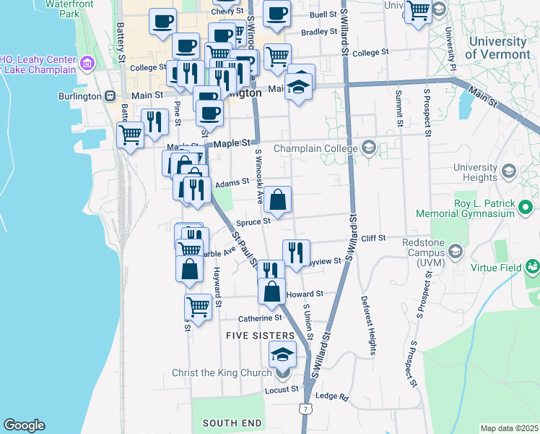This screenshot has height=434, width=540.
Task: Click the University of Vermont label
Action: click(x=497, y=47)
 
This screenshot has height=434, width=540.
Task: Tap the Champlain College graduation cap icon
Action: click(x=369, y=148)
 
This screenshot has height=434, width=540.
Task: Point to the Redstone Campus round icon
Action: click(x=456, y=251)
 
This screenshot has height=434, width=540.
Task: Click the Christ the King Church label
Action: click(x=222, y=373)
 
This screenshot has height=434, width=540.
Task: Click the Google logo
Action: click(x=24, y=425)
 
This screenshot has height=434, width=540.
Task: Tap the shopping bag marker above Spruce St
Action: click(x=277, y=200)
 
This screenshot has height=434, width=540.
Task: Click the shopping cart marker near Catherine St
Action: click(x=198, y=307)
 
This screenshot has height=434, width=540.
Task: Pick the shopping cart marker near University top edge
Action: click(x=418, y=12)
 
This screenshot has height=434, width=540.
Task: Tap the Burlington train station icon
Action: click(x=109, y=95)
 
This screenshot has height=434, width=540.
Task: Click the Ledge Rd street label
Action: click(x=332, y=396)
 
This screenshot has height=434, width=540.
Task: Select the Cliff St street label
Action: click(x=374, y=237)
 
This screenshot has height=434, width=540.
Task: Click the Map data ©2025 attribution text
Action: click(x=509, y=428)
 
